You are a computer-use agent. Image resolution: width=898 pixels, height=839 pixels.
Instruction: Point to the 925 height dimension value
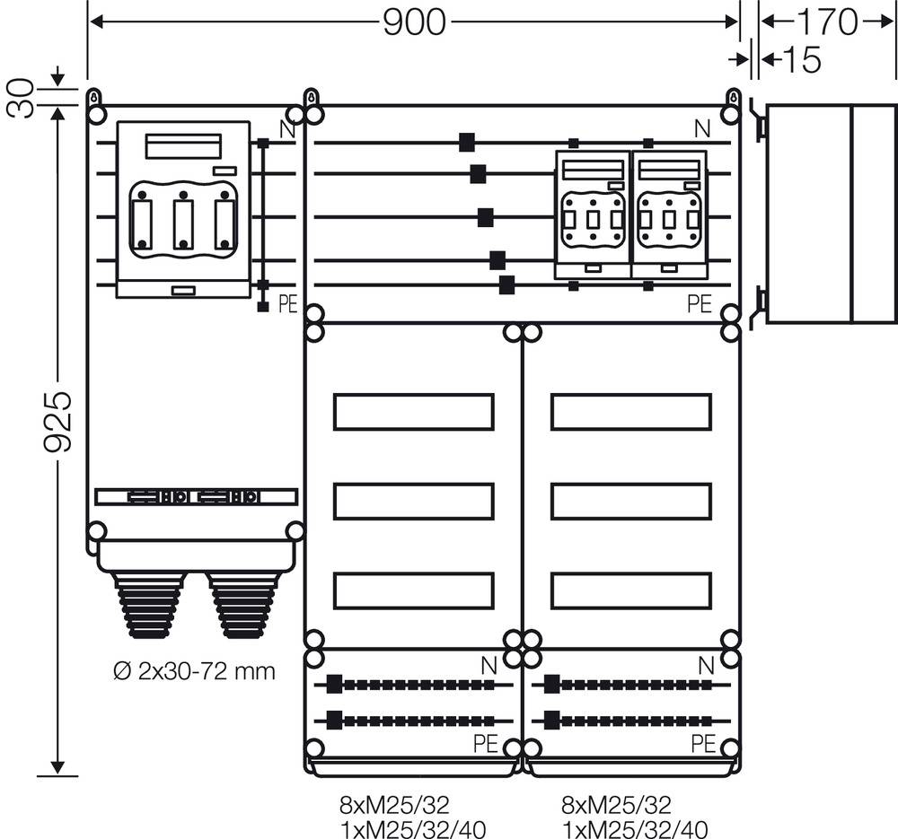[58, 421]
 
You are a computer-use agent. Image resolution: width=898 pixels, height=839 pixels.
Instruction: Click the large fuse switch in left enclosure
[183, 209]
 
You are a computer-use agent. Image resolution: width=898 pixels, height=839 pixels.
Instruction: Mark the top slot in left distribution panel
[413, 411]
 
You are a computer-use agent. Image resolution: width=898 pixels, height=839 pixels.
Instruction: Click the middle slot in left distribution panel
[413, 501]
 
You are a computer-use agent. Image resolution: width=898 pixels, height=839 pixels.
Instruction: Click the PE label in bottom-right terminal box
[703, 743]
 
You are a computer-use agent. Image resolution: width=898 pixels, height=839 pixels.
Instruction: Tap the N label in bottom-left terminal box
[489, 665]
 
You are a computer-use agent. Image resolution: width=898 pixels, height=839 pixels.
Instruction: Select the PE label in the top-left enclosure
[286, 304]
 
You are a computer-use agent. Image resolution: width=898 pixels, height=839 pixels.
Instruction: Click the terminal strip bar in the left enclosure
[195, 496]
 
